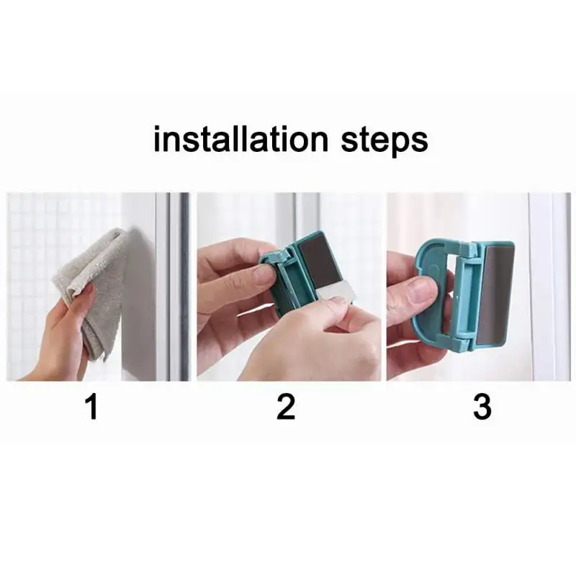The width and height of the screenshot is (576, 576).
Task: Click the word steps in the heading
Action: [384, 140]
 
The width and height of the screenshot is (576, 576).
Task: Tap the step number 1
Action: [91, 406]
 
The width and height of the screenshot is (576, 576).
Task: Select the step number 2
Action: [285, 406]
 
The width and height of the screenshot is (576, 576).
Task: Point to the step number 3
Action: [482, 406]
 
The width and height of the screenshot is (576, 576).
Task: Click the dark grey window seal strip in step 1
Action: [184, 287]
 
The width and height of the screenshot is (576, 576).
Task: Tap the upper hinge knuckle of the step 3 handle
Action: [469, 250]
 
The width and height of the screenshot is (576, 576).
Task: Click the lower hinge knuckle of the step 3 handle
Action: [465, 339]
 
